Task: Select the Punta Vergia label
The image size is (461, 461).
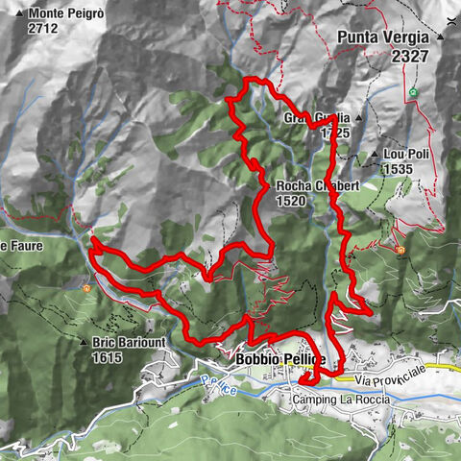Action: pos(383,38)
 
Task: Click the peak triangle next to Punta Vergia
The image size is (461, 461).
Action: pos(439,36)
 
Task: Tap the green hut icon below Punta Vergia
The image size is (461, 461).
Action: pos(413,92)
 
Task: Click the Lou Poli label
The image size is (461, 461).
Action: pos(404,154)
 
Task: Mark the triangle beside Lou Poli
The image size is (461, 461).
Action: pos(374,154)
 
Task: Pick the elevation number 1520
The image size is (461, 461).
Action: pos(291,202)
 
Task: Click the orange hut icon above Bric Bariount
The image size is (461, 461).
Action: pos(87,286)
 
